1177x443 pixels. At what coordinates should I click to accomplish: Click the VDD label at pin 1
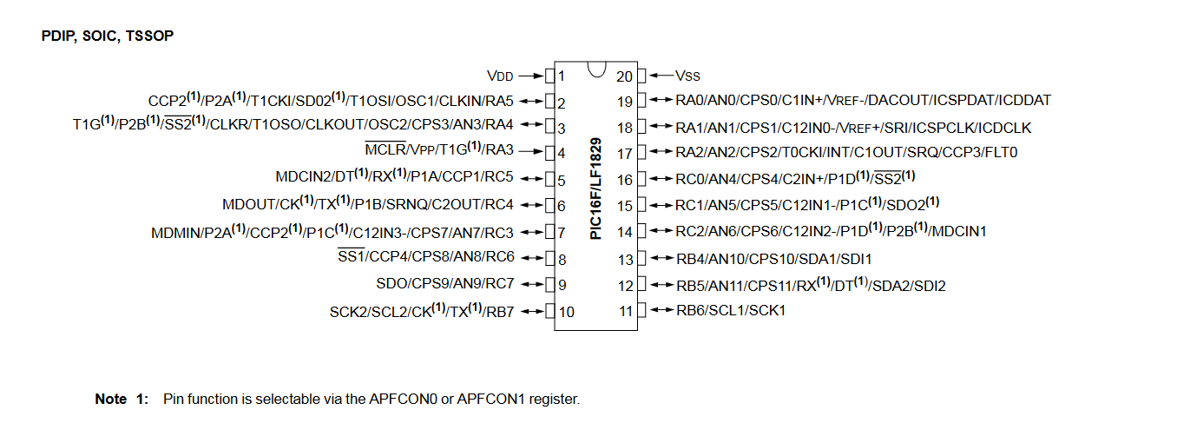click(x=501, y=75)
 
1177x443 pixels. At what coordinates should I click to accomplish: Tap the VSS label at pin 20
click(x=687, y=75)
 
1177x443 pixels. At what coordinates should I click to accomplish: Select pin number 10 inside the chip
click(x=566, y=312)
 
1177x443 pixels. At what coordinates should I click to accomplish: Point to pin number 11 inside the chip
click(x=626, y=311)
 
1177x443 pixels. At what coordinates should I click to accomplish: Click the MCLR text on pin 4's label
click(x=379, y=150)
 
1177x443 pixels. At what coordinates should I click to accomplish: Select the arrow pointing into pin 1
click(x=529, y=75)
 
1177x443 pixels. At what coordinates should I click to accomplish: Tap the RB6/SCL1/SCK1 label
click(x=731, y=310)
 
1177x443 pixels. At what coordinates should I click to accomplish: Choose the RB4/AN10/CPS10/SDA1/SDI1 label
click(x=774, y=259)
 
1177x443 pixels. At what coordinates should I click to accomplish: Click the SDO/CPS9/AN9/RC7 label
click(x=444, y=284)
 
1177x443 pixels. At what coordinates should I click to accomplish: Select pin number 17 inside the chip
click(x=625, y=153)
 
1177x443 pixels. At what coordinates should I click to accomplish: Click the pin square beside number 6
click(x=549, y=206)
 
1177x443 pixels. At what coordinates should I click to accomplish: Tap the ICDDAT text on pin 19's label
click(x=1024, y=100)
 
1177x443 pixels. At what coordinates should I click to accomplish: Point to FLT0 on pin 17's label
click(x=1000, y=153)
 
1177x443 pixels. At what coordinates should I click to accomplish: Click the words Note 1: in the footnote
click(x=122, y=400)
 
